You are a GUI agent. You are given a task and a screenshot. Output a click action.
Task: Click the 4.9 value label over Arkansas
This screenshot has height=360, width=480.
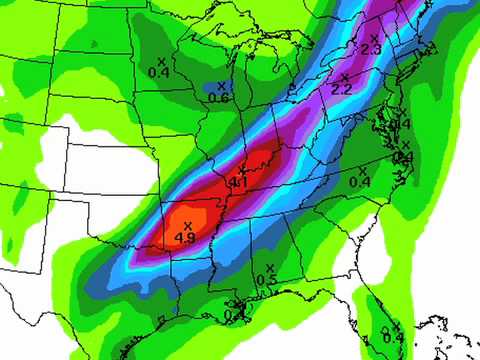tap(184, 238)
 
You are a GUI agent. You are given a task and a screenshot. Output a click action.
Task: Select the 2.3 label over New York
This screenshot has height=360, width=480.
tap(372, 50)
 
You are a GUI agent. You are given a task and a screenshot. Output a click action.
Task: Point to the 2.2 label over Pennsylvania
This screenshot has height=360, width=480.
tap(342, 90)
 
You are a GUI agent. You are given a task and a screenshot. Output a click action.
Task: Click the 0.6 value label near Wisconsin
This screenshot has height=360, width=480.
tap(219, 97)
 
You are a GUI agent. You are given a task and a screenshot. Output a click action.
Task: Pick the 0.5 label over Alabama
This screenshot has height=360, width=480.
tap(267, 279)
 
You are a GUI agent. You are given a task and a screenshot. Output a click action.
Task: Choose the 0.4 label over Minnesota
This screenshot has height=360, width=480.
tap(159, 72)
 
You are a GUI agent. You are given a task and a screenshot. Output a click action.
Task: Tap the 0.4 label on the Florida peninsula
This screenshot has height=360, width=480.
tap(394, 336)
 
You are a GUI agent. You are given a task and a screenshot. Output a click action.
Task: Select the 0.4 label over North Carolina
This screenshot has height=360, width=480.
tap(360, 182)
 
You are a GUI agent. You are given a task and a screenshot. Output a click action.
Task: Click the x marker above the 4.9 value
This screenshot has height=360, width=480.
tap(187, 225)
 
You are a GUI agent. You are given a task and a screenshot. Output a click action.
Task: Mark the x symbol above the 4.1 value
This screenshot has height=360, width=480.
tap(240, 170)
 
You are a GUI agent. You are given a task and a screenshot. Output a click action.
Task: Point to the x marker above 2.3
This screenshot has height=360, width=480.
tap(374, 38)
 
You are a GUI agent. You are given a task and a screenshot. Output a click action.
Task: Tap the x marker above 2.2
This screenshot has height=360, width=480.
tap(344, 77)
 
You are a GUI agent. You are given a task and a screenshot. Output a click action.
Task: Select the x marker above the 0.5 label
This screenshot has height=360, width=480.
tap(269, 267)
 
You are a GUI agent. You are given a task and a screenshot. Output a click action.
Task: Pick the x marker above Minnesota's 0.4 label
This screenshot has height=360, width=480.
tap(160, 60)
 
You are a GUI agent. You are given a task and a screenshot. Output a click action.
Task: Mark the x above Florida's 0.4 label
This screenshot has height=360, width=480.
tap(396, 325)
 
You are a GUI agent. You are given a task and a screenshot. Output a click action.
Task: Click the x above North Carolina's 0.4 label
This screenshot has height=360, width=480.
tap(361, 170)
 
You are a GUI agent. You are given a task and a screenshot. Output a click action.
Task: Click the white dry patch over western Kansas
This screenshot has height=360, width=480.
tap(95, 150)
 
